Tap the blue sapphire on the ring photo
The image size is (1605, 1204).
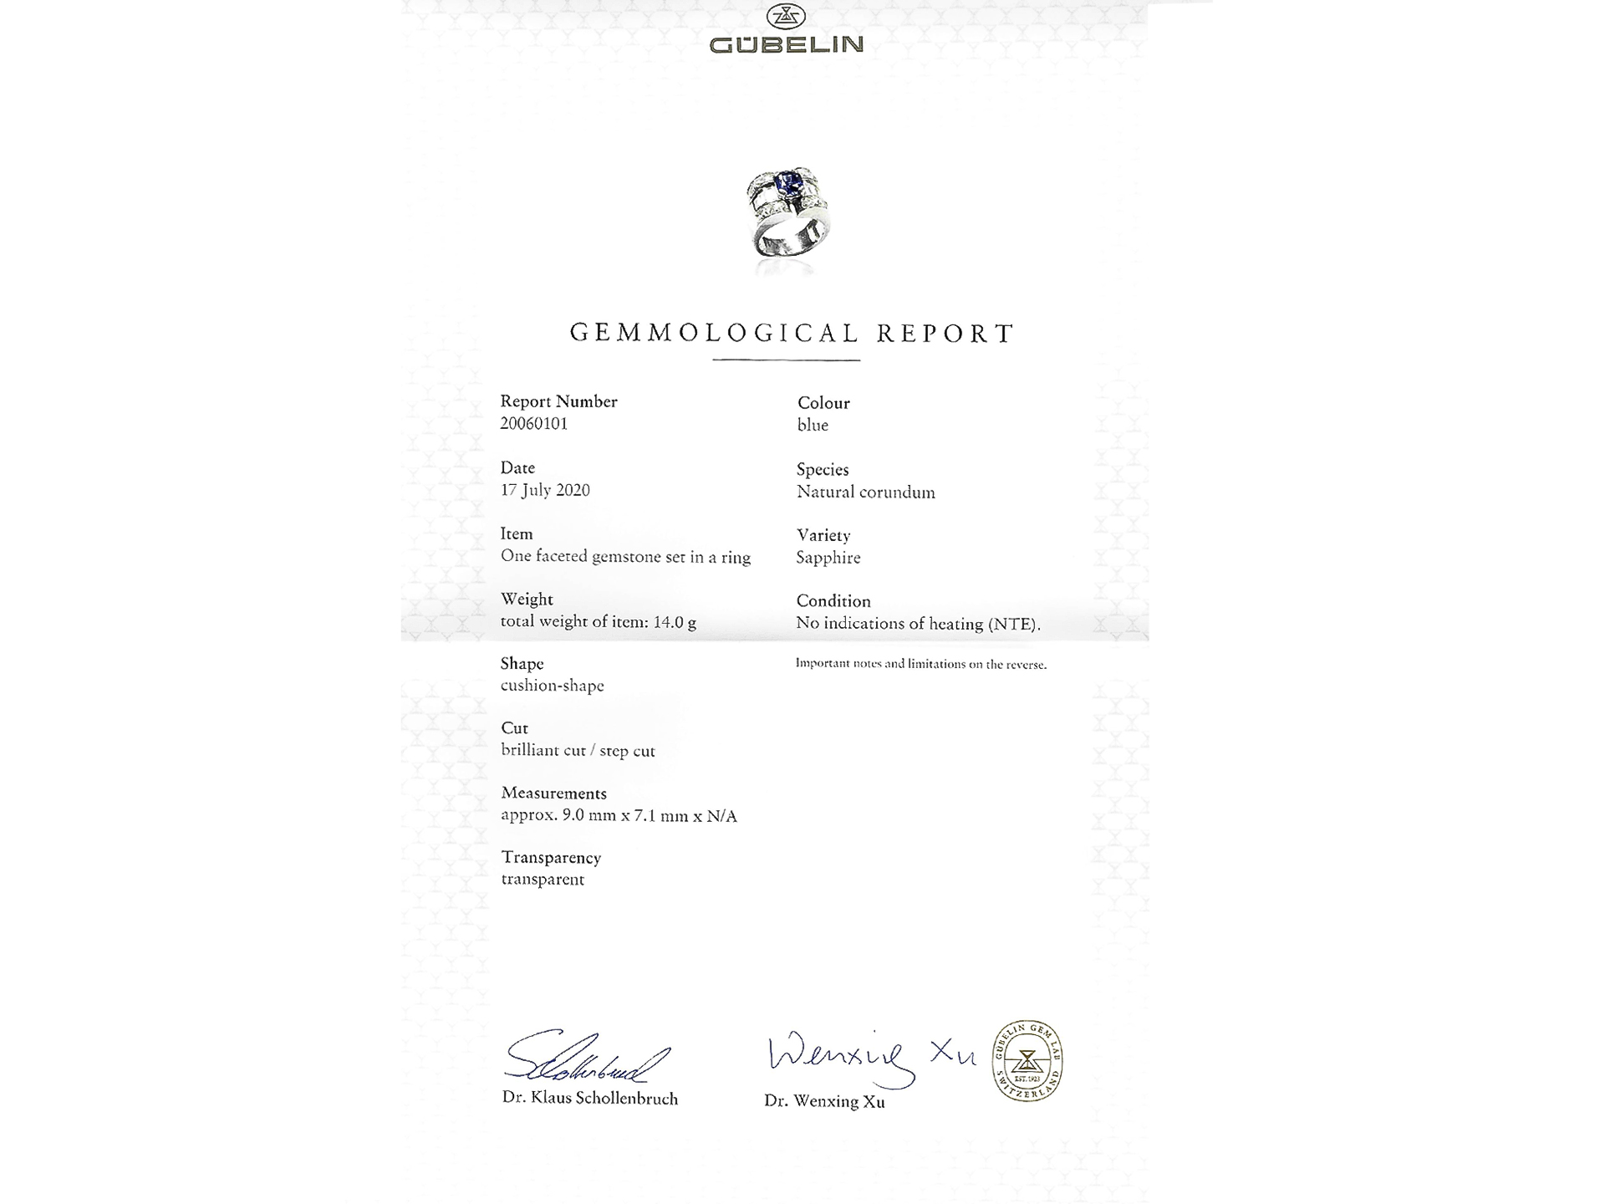coord(790,181)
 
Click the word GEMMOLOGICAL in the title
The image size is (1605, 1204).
coord(715,333)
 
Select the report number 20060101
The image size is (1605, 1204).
coord(533,424)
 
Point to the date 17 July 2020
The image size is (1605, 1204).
coord(545,490)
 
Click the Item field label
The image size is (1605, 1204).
coord(517,534)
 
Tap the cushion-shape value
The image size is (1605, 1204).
coord(552,686)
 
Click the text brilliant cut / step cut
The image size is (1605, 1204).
coord(578,750)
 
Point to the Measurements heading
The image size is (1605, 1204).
coord(553,793)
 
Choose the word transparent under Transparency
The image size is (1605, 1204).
coord(543,880)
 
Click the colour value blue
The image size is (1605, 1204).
coord(813,425)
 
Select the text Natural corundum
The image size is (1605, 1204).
coord(866,492)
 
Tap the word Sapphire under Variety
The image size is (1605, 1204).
coord(828,558)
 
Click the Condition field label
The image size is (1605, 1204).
coord(833,601)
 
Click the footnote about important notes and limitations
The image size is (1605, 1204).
coord(920,664)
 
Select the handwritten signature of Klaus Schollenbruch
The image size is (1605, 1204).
coord(585,1058)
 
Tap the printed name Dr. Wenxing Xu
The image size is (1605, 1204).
coord(824,1102)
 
